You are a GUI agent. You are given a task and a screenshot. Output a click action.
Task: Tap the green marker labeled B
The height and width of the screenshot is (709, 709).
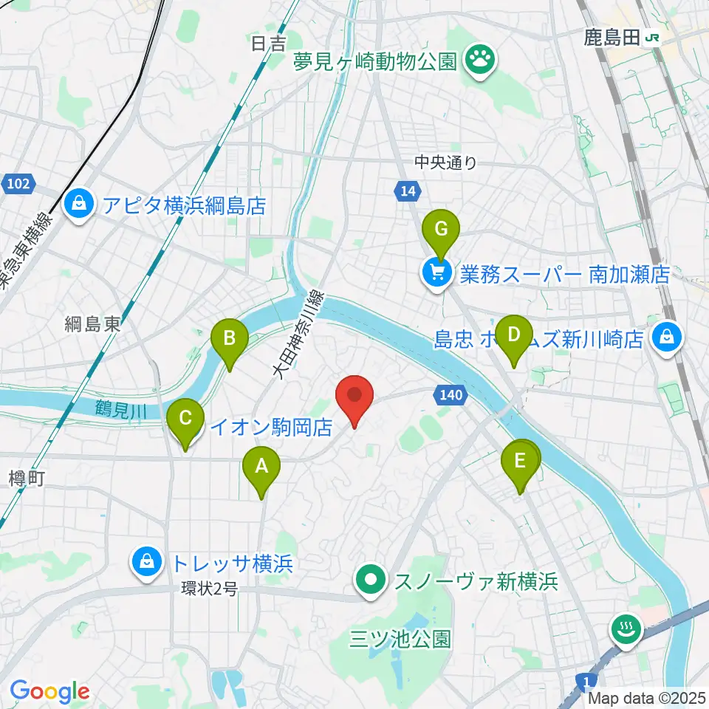pyautogui.click(x=229, y=340)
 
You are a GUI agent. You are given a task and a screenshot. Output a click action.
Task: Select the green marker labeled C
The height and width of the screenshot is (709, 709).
pyautogui.click(x=185, y=419)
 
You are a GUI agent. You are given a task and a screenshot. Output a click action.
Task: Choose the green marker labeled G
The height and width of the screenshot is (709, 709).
pyautogui.click(x=440, y=230)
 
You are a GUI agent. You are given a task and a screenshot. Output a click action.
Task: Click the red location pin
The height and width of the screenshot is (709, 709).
pyautogui.click(x=354, y=396)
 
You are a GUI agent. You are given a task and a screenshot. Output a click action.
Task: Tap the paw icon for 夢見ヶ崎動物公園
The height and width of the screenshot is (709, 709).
pyautogui.click(x=479, y=61)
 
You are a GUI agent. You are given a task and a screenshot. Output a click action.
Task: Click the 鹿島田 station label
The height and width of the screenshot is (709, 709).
pyautogui.click(x=612, y=38)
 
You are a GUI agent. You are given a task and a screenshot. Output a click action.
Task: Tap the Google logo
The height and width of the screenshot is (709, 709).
pyautogui.click(x=49, y=692)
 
